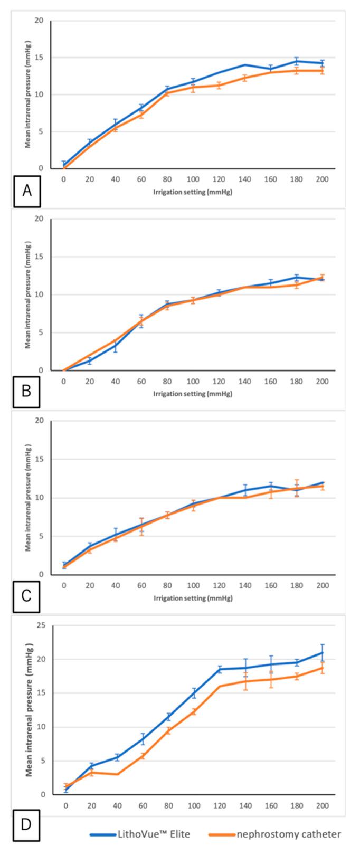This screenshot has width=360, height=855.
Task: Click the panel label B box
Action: [27, 391]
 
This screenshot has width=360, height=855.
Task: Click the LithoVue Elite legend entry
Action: [140, 834]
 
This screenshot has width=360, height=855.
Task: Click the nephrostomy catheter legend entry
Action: [274, 834]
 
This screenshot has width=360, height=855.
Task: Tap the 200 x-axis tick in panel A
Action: [323, 179]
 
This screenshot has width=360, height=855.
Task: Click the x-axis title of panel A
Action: [193, 192]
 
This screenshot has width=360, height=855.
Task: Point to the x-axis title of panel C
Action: [193, 598]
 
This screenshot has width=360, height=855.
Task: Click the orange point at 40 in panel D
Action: [117, 774]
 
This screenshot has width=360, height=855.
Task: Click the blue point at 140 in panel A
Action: [245, 65]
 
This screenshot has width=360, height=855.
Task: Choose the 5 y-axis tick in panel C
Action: [41, 536]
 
